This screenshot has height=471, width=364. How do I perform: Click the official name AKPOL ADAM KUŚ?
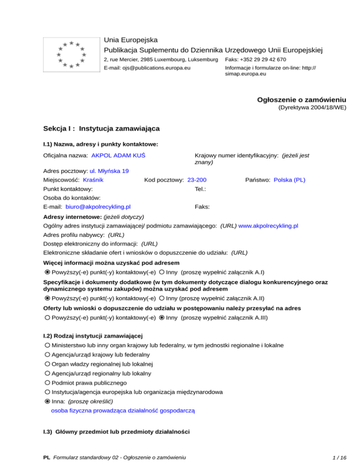[118, 155]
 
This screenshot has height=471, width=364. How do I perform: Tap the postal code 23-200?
[197, 180]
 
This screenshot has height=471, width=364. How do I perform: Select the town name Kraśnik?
[93, 180]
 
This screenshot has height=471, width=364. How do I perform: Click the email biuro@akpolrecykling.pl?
[99, 207]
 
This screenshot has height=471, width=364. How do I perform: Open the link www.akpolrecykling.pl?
[268, 226]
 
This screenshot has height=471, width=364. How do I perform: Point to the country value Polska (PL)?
[290, 180]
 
